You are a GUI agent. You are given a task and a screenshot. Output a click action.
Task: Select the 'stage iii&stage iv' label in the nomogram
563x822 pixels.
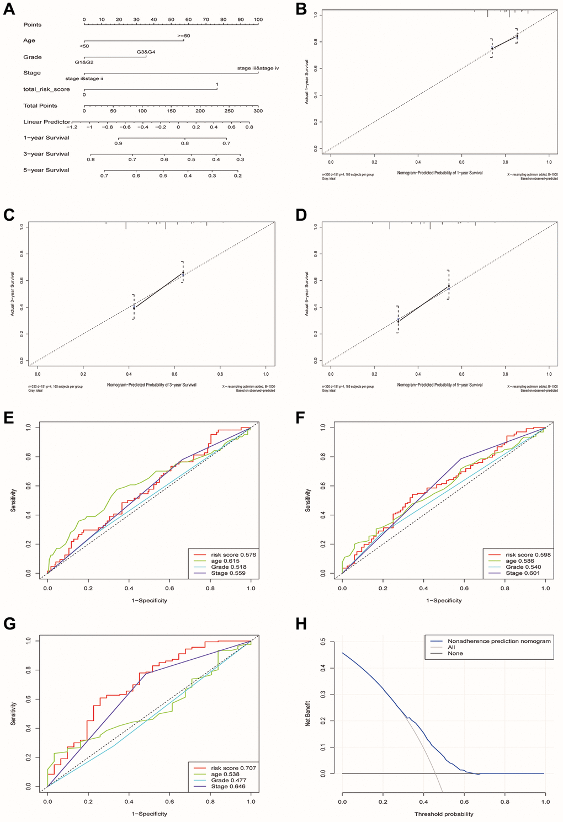point(258,68)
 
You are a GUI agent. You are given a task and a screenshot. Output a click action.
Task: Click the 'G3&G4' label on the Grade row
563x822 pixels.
point(146,52)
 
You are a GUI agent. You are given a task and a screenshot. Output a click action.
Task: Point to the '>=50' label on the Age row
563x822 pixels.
point(184,36)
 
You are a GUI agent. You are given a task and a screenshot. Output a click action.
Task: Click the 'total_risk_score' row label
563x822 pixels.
point(46,89)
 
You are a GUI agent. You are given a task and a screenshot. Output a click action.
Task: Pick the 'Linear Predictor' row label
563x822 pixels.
point(47,122)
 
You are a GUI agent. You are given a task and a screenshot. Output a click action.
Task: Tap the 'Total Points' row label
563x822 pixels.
point(40,105)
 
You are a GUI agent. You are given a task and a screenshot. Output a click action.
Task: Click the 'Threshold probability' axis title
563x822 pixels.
point(444,814)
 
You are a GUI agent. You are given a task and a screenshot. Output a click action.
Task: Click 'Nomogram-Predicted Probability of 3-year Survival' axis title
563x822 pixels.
point(152,385)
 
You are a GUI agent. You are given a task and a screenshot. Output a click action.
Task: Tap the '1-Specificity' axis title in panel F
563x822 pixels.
point(444,600)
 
